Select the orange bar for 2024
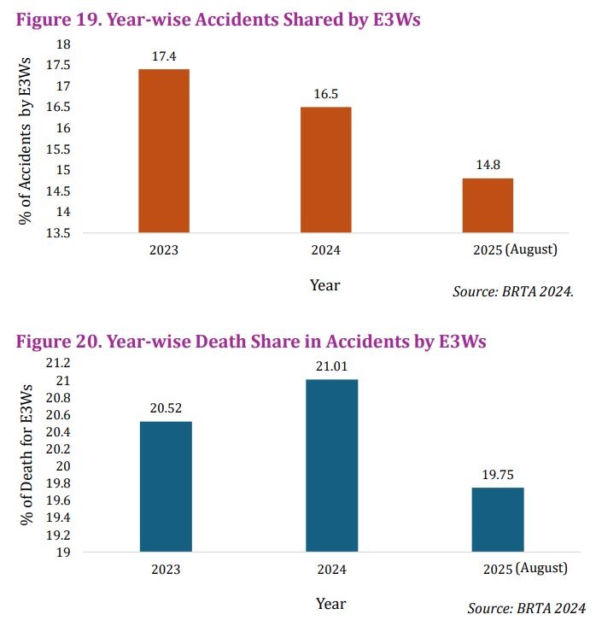point(326,169)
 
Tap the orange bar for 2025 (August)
point(488,205)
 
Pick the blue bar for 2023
point(165,487)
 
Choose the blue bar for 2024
point(332,465)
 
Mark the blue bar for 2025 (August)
point(498,519)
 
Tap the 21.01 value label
point(332,367)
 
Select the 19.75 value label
point(498,475)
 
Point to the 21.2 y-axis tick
point(63,363)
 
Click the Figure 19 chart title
point(219,20)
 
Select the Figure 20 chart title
point(251,342)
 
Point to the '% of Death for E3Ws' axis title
point(26,459)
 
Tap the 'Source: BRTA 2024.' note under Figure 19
point(512,292)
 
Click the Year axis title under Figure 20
point(330,603)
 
